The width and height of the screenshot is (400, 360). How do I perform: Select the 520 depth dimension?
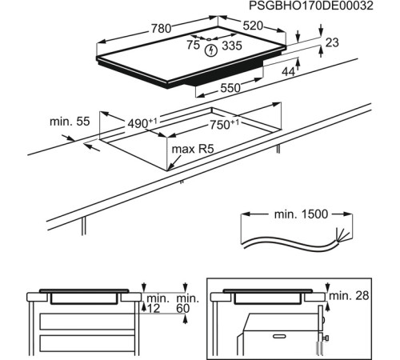(x=253, y=26)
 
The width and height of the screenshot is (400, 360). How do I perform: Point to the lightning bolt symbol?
(x=211, y=50)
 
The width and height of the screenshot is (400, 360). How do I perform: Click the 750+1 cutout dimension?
(x=224, y=124)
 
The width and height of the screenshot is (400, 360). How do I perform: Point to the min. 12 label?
(x=155, y=303)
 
